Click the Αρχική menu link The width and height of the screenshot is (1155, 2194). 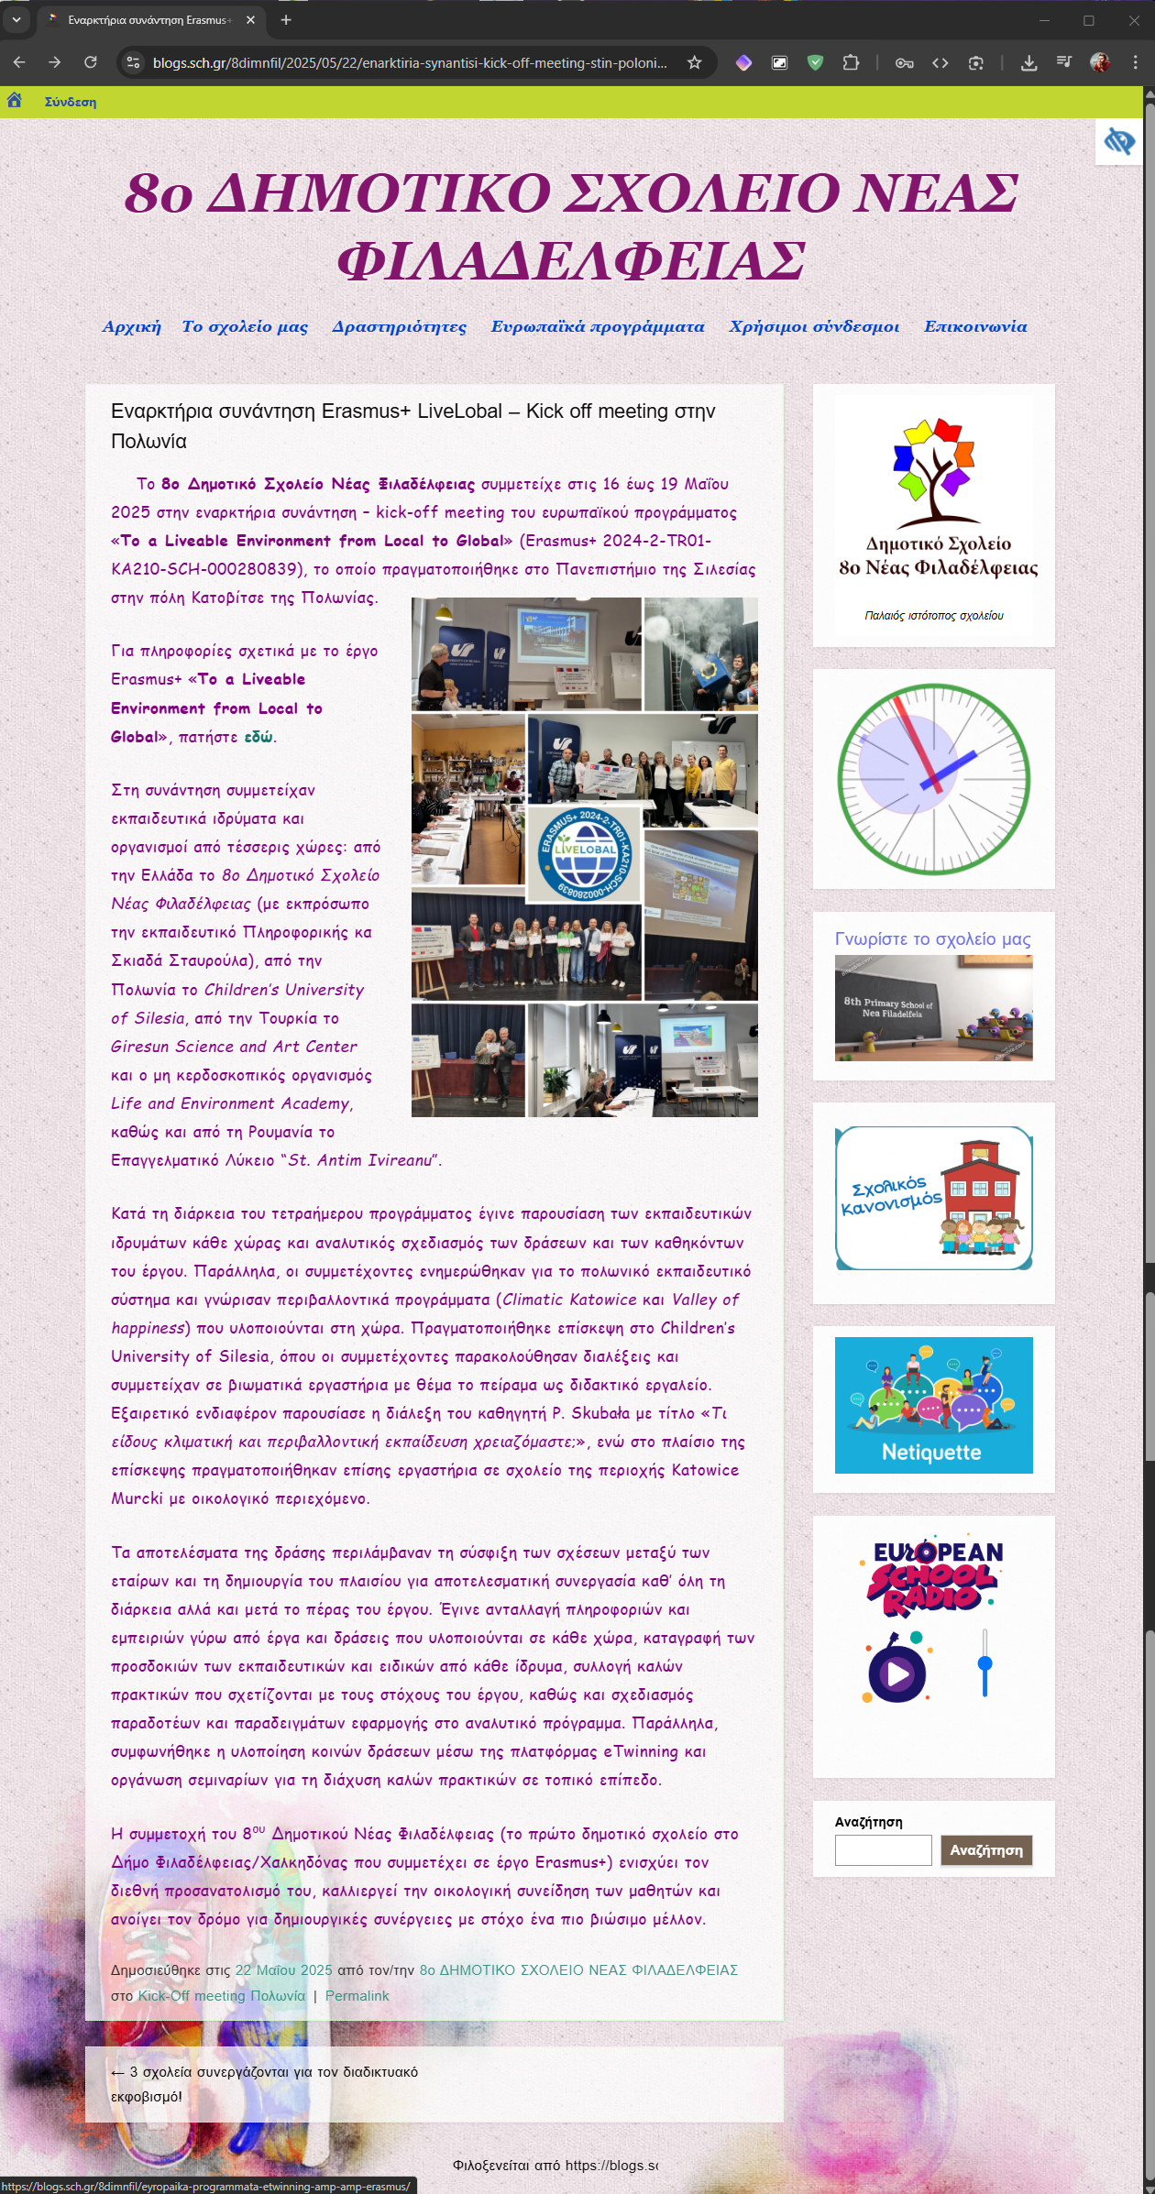coord(131,327)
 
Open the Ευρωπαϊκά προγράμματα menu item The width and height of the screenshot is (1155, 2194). coord(597,327)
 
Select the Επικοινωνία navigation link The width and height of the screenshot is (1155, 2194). coord(974,327)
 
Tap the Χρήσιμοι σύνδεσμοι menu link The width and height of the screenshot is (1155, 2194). coord(813,327)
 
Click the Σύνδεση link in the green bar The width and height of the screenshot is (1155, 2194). coord(71,102)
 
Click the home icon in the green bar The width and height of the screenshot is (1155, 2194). coord(15,101)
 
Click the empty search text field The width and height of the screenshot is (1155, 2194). coord(882,1849)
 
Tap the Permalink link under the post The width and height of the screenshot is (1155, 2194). coord(357,1995)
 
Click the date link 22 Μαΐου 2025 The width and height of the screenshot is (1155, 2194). coord(283,1969)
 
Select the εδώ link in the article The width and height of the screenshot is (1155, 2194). coord(258,737)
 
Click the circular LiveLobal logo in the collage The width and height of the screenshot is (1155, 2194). coord(585,853)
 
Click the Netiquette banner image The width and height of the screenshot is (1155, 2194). coord(933,1405)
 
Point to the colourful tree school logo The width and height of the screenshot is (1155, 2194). coord(933,470)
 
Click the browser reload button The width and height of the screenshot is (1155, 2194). coord(90,62)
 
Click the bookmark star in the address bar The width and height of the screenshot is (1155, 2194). coord(694,62)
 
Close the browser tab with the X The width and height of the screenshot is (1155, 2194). coord(250,20)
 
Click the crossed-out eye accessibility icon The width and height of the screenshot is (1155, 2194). coord(1118,142)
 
